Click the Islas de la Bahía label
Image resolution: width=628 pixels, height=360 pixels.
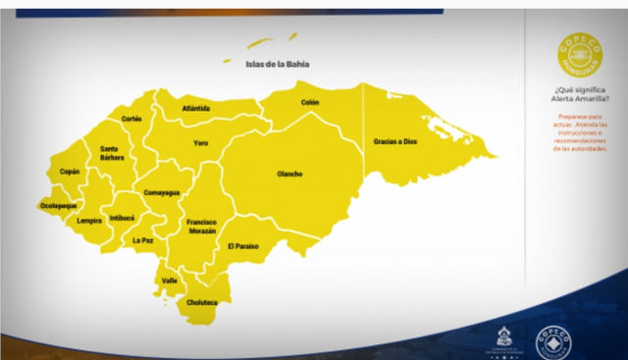coord(278,64)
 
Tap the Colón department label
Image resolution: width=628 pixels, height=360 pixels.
coord(310,102)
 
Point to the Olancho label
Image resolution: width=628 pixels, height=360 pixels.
coord(289,174)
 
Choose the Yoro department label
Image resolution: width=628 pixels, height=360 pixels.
coord(200,143)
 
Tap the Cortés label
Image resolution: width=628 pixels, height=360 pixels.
coord(131,119)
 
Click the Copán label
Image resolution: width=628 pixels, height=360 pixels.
coord(70,172)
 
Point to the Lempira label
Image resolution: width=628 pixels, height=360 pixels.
coord(89,221)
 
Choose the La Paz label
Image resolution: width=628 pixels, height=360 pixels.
coord(143,239)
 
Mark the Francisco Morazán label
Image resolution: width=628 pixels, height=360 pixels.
coord(202,227)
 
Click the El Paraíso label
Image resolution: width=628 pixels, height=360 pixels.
coord(242,246)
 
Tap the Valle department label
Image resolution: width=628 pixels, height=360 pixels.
coord(170,281)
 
